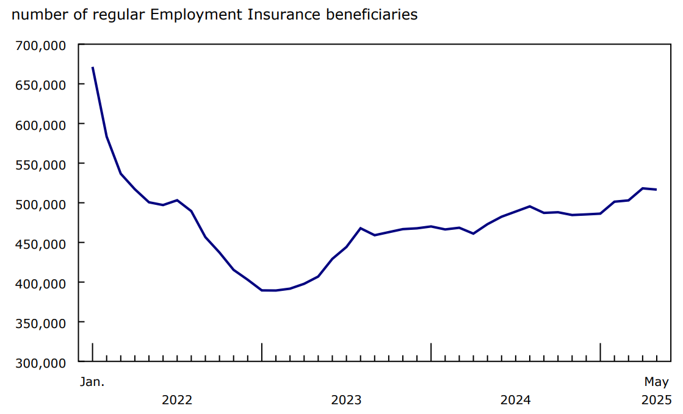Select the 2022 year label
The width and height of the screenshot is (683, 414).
click(x=177, y=401)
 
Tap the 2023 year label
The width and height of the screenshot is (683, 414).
click(x=346, y=401)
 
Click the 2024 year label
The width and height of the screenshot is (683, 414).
click(x=515, y=401)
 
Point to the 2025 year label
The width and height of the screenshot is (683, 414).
click(x=657, y=401)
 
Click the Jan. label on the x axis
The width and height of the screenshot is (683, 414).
click(x=92, y=382)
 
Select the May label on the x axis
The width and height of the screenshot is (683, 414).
click(x=657, y=383)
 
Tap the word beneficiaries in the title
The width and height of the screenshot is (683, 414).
click(x=372, y=15)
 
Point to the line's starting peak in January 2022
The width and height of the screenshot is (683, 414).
click(x=93, y=68)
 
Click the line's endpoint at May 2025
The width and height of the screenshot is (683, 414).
click(x=656, y=190)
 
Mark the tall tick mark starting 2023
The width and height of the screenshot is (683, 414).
click(x=262, y=352)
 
